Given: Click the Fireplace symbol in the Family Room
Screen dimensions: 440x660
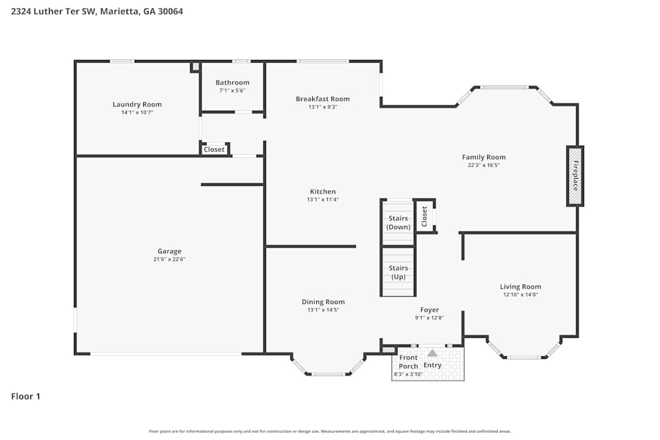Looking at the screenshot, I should [x=575, y=176].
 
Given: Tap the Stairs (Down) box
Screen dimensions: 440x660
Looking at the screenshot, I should [x=398, y=222].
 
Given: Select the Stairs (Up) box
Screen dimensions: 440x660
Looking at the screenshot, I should [x=398, y=272].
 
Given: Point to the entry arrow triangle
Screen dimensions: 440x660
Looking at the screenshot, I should [x=432, y=353].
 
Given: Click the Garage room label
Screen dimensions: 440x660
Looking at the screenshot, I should [x=170, y=251].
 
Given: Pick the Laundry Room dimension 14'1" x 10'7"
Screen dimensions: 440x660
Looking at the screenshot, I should [x=137, y=113].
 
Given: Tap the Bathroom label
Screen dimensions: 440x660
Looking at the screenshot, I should [x=232, y=82].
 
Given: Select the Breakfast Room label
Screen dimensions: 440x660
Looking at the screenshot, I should [x=323, y=99].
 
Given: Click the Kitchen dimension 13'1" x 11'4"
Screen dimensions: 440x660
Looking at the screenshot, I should [x=323, y=199].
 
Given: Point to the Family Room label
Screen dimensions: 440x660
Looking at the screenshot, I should [x=484, y=157].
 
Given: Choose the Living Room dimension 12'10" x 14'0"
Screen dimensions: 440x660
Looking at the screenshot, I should [x=520, y=295].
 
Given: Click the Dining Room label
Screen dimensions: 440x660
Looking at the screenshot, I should [x=323, y=302].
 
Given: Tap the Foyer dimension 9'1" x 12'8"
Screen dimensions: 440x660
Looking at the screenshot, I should [x=429, y=318].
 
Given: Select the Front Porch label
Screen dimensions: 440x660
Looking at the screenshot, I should [x=409, y=361].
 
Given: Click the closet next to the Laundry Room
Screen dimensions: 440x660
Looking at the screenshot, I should [x=214, y=149].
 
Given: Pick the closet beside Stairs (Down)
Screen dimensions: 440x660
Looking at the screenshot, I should [x=424, y=216].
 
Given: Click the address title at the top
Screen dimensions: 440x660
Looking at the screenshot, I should [x=97, y=11].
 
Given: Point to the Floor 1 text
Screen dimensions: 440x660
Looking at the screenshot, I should [x=26, y=396].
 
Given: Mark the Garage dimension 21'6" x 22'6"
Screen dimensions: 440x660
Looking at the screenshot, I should [x=170, y=259].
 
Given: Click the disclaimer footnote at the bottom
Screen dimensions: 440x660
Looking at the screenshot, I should [x=330, y=431].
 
